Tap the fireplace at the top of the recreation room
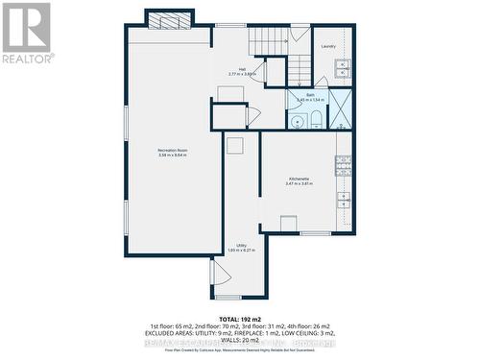click(170, 22)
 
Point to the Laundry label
click(328, 46)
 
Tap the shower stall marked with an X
click(340, 108)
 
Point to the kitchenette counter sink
click(343, 200)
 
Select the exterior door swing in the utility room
click(221, 273)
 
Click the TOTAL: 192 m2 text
click(240, 317)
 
